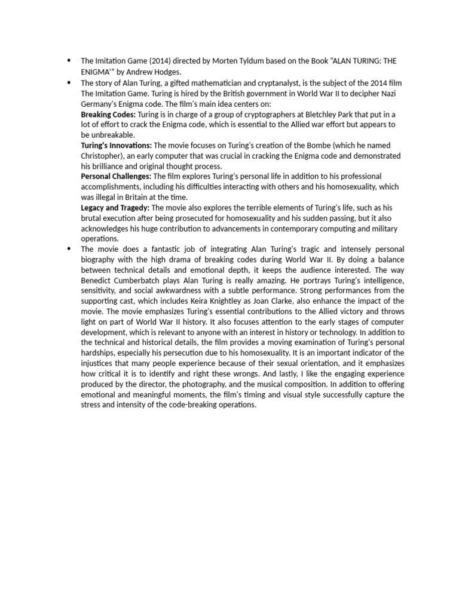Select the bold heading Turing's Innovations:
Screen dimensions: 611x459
click(117, 145)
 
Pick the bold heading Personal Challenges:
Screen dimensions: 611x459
click(116, 177)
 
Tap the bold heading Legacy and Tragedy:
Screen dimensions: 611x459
click(115, 208)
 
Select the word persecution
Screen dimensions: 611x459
click(210, 353)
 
